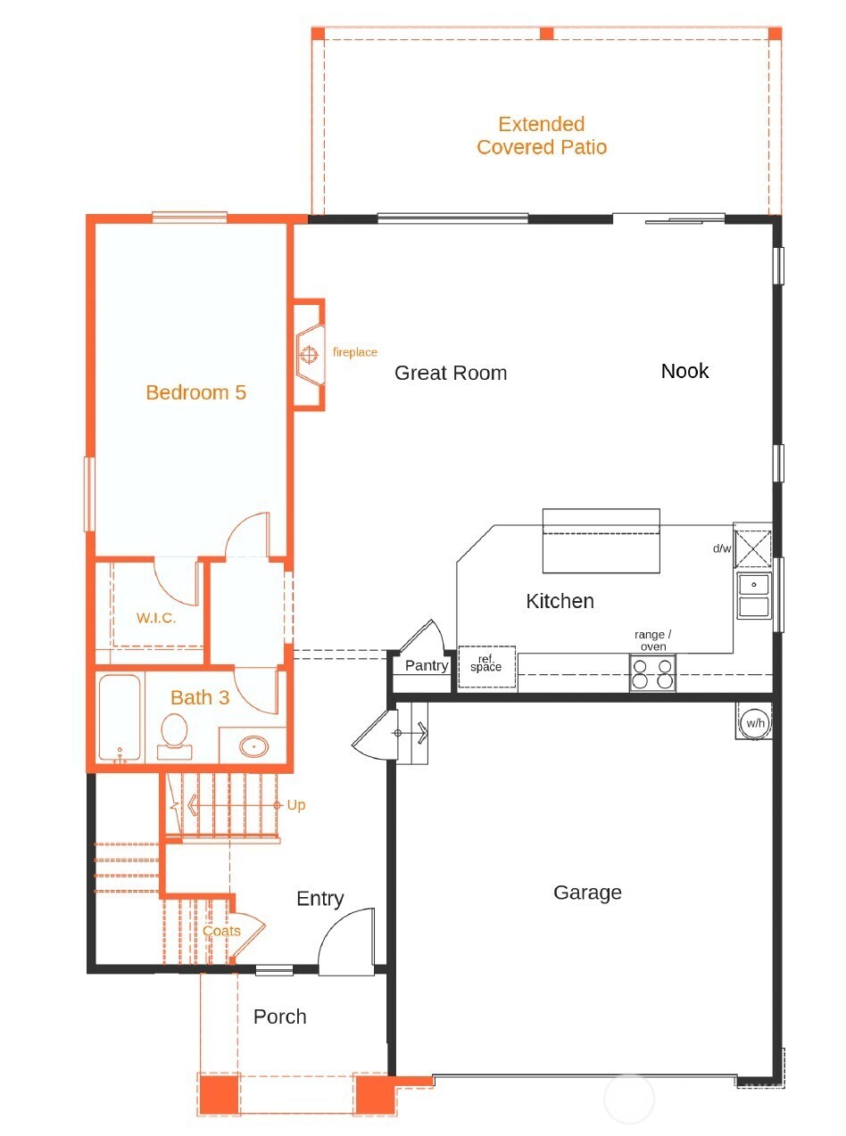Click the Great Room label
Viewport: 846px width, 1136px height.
451,373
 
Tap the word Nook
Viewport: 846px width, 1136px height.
685,371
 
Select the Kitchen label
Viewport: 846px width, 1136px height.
560,601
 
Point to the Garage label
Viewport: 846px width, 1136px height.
587,893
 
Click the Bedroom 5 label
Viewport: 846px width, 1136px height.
195,393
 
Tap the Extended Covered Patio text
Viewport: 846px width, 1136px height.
542,136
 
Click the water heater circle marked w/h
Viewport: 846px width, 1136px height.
756,723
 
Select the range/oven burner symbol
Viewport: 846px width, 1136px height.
652,673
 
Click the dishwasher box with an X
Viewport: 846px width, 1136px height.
752,548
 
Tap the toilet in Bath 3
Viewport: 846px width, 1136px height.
174,736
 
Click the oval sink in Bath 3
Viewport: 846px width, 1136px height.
253,746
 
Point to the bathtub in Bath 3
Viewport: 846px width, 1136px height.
120,718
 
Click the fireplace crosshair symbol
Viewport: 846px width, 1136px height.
309,354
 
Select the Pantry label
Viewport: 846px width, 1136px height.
427,665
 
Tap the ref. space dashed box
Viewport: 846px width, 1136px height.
486,666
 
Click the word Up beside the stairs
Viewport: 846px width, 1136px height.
296,805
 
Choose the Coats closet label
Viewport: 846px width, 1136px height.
221,931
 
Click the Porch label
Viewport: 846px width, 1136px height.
280,1017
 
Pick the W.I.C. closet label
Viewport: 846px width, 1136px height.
156,618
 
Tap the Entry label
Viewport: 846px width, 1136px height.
320,899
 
